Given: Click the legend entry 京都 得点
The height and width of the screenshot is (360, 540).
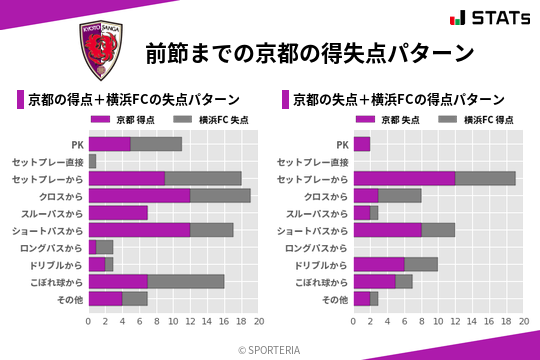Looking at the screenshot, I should (135, 120).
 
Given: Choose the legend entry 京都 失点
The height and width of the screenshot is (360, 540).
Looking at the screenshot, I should (399, 120).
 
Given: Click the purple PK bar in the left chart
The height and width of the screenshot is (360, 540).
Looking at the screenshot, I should (109, 144).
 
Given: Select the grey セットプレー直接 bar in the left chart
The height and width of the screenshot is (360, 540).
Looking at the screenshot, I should (92, 161).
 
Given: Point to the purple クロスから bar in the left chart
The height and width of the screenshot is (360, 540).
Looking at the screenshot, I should (139, 195).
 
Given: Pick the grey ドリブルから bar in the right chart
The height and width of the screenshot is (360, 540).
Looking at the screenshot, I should (421, 264).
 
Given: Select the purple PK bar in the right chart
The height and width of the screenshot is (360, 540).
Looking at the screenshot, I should (361, 144).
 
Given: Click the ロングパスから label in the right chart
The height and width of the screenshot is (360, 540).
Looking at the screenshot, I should (316, 247).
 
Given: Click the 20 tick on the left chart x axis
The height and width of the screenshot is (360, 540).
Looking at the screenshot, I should (259, 322).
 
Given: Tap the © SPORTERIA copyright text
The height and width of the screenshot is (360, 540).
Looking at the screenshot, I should (270, 349).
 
